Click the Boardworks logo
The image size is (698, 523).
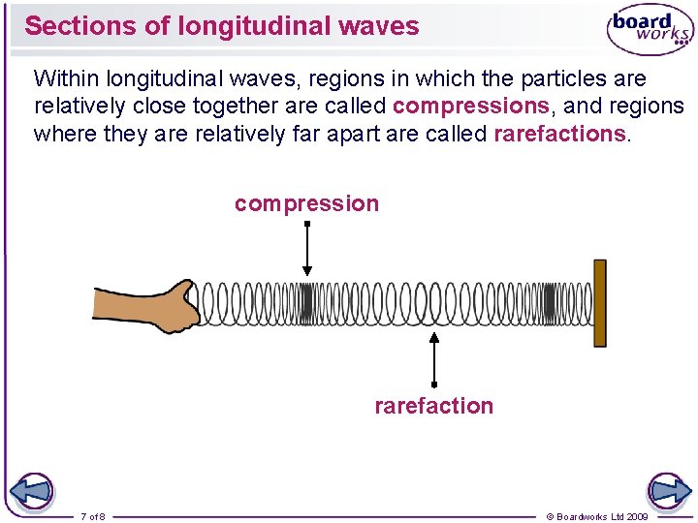(650, 30)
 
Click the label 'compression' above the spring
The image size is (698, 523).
(306, 203)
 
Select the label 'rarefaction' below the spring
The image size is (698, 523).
(433, 406)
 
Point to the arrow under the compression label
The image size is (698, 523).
(306, 250)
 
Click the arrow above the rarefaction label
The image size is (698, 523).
(434, 360)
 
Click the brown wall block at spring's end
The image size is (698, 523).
(600, 302)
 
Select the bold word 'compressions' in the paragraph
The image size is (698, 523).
(471, 106)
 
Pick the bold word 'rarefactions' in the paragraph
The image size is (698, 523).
(559, 134)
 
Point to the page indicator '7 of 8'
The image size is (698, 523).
(93, 516)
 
